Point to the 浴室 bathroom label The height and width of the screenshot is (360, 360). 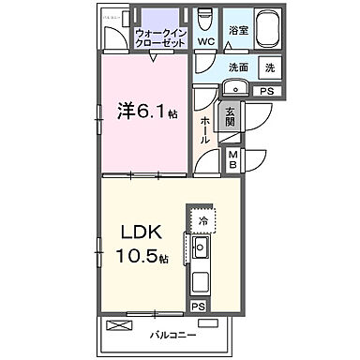tap(240, 31)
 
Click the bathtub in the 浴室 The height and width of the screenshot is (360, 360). tap(262, 25)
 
